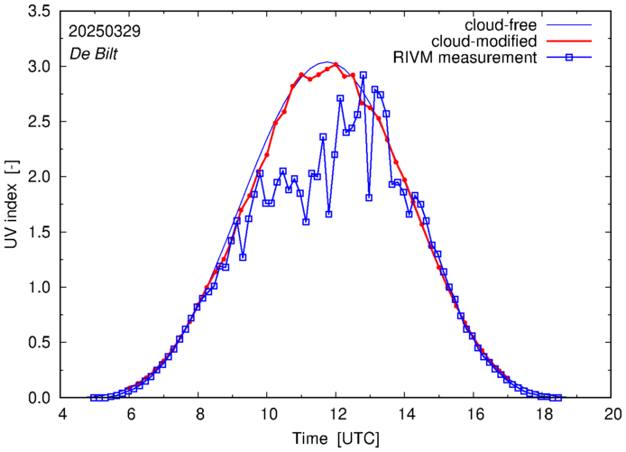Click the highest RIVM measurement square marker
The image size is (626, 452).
363,76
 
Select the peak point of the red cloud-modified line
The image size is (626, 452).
336,64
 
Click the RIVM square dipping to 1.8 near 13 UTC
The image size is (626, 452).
369,198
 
